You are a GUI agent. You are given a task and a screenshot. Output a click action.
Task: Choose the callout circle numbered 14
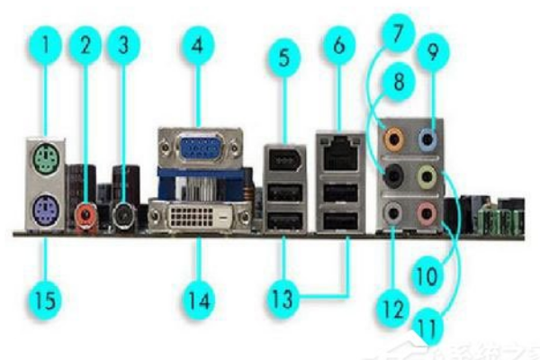tap(199, 297)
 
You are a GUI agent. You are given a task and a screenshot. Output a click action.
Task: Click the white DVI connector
tap(197, 219)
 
